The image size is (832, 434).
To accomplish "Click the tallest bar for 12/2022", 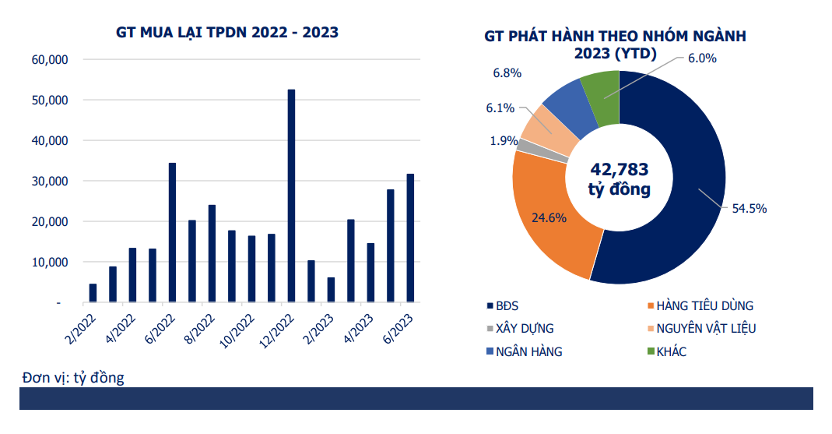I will [292, 195].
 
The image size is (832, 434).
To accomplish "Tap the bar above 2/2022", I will [93, 293].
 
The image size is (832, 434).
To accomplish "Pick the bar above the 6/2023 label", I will [410, 238].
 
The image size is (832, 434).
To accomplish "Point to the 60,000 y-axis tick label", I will [49, 60].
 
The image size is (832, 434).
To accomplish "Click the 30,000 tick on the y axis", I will [49, 182].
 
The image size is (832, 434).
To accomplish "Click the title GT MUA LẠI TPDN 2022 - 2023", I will [227, 33].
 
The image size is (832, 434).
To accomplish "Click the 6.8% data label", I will [507, 73].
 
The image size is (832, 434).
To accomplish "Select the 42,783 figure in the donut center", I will [620, 169].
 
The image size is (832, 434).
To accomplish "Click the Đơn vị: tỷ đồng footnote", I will [73, 378].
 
